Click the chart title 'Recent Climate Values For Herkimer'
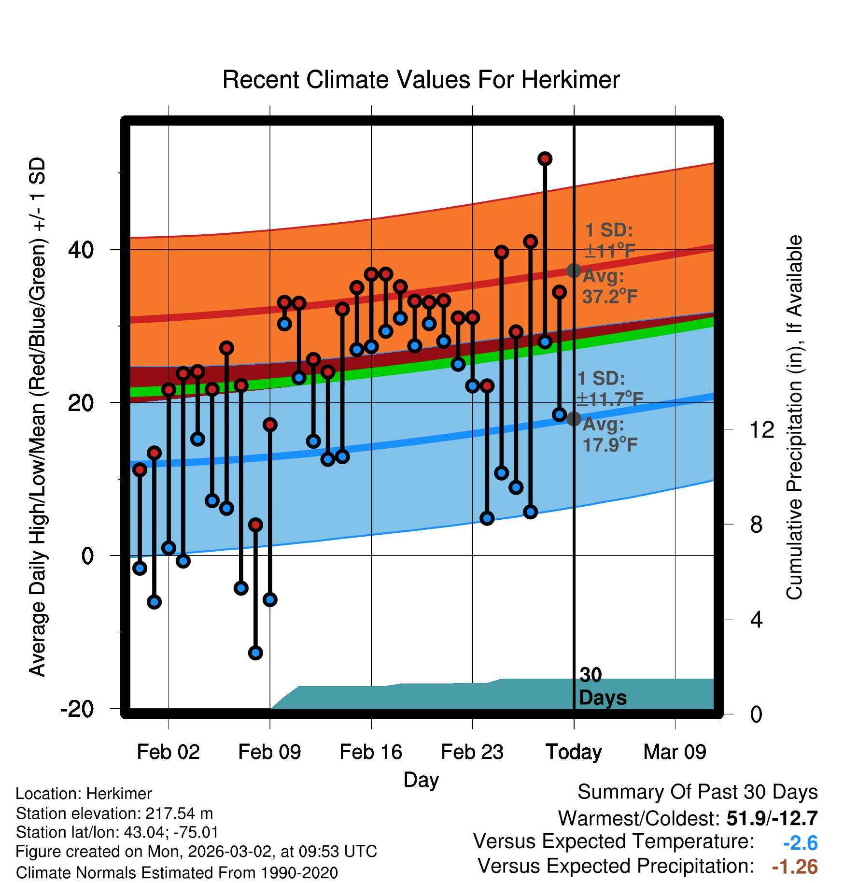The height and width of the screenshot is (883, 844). [x=421, y=80]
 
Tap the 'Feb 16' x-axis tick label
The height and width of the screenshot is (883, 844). [x=371, y=752]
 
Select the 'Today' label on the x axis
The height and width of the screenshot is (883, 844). [x=574, y=752]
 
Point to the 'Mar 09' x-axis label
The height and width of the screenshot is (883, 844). [x=675, y=752]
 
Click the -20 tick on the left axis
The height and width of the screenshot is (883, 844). [x=77, y=709]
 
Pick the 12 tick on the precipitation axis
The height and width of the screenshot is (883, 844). [x=762, y=429]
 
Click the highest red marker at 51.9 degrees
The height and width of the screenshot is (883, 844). [x=545, y=158]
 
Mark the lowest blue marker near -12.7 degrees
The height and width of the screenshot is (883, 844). [x=255, y=653]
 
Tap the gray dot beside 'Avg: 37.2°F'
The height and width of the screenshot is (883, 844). [x=574, y=271]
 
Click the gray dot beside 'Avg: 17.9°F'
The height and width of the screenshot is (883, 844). [x=574, y=419]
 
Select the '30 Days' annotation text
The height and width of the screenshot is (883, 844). [x=602, y=686]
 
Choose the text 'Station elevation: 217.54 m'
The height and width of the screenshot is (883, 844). [x=114, y=813]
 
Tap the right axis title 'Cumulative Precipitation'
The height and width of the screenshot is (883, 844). [x=794, y=418]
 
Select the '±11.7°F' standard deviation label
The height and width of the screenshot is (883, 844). [x=610, y=399]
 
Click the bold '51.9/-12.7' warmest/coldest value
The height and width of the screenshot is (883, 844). [x=772, y=818]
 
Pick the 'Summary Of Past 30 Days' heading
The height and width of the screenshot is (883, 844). [x=697, y=792]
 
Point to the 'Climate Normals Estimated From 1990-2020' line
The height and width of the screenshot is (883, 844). [x=177, y=873]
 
